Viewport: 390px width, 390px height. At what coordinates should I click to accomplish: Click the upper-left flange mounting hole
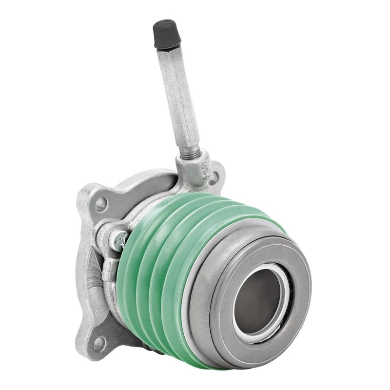(x=101, y=204)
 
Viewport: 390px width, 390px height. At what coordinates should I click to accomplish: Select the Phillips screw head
(x=119, y=240)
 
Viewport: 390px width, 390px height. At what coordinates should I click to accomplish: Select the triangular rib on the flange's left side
(x=90, y=273)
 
